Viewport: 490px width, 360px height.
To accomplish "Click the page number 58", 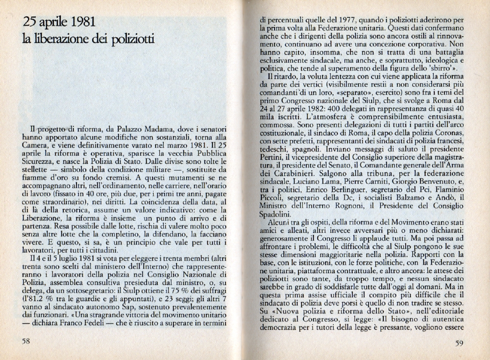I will coord(26,342).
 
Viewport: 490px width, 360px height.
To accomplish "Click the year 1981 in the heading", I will coord(81,22).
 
